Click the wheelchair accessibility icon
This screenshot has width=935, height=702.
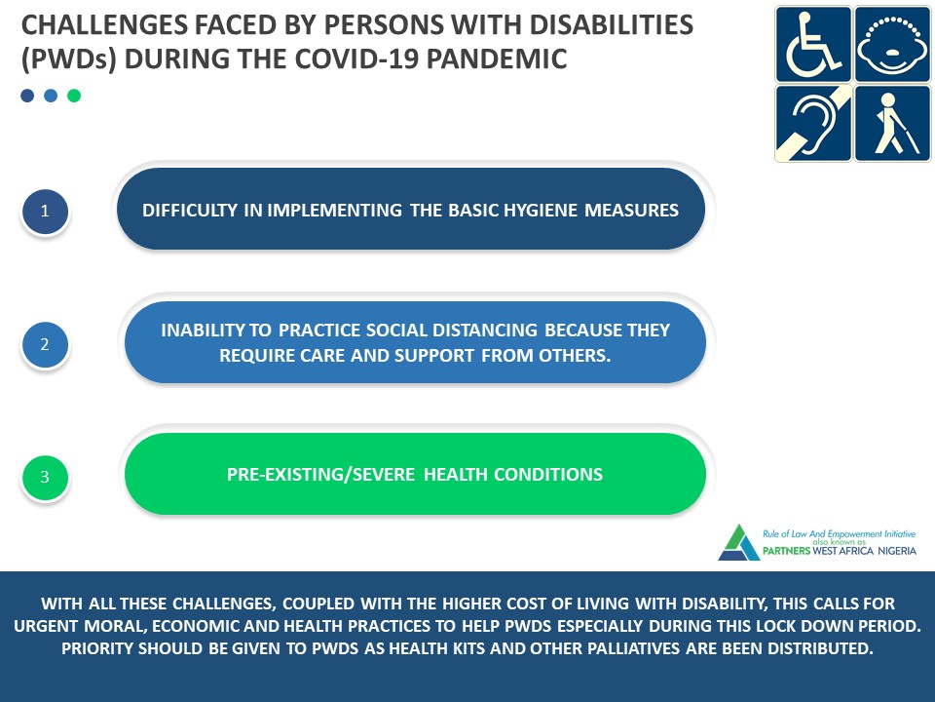point(813,44)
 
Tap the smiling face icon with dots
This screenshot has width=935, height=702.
point(892,44)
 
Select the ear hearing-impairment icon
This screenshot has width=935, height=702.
point(813,123)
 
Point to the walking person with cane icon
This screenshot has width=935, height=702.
point(892,123)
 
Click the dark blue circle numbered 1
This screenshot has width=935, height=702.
point(45,211)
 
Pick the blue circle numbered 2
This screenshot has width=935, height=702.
point(45,344)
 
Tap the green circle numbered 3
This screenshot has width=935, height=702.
point(45,477)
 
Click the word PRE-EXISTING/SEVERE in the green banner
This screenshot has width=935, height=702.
point(320,475)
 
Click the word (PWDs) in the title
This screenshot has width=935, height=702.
point(68,59)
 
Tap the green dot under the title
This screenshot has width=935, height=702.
point(74,96)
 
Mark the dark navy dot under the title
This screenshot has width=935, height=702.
point(27,96)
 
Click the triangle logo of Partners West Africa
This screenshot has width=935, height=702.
point(739,542)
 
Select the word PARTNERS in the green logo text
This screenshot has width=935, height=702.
point(787,550)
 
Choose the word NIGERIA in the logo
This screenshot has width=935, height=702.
point(897,550)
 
